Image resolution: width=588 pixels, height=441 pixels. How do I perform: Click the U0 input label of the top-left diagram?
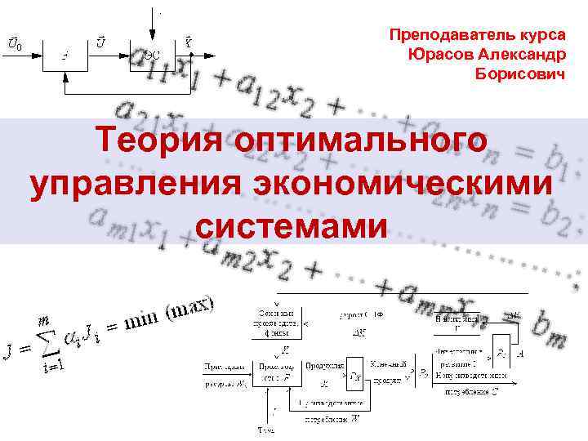15,42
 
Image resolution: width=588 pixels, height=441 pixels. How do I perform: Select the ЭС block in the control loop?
150,54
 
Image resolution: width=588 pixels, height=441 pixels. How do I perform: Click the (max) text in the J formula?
191,310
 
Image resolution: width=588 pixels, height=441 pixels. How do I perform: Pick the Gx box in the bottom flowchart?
355,376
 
